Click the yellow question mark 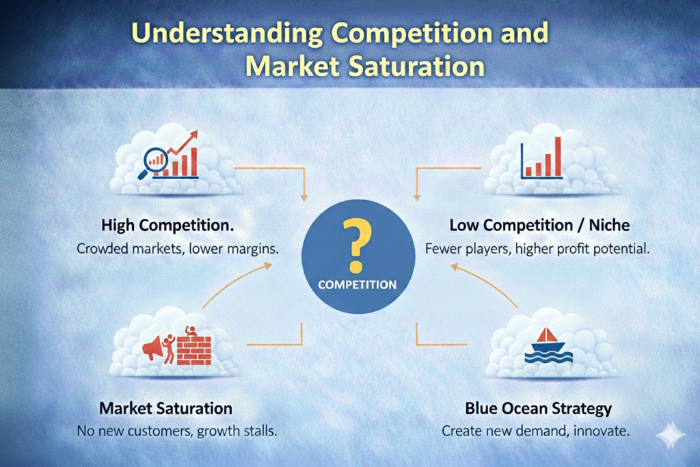356,245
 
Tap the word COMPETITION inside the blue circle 357,285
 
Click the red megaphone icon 152,348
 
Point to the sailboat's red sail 547,335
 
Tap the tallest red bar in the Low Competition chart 557,157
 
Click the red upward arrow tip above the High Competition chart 193,133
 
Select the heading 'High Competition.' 167,225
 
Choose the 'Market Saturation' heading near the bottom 165,408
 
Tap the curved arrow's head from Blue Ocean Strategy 455,267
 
